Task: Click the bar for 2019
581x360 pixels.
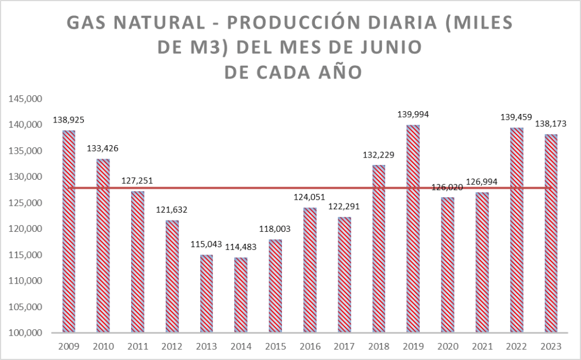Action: pyautogui.click(x=412, y=228)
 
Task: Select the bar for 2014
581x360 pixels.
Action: pyautogui.click(x=241, y=295)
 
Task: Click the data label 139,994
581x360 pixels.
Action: pyautogui.click(x=413, y=115)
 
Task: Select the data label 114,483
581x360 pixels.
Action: pyautogui.click(x=241, y=247)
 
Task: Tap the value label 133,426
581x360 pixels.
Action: pyautogui.click(x=103, y=149)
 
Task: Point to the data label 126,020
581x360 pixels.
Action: pyautogui.click(x=448, y=187)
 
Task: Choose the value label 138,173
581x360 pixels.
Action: pyautogui.click(x=551, y=124)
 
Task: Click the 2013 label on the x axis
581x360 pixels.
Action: pyautogui.click(x=207, y=346)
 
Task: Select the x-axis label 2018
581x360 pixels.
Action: pyautogui.click(x=378, y=346)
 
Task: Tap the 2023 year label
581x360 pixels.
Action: pyautogui.click(x=551, y=346)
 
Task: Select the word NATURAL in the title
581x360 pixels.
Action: pyautogui.click(x=160, y=23)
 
